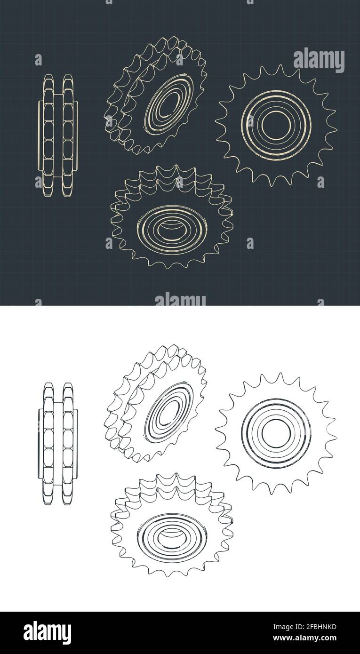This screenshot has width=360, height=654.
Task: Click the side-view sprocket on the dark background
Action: click(58, 136)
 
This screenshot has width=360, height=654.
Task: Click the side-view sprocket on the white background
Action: click(58, 444)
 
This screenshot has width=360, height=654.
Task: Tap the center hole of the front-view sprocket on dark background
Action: click(276, 125)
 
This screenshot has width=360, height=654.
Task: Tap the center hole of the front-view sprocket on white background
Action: click(276, 433)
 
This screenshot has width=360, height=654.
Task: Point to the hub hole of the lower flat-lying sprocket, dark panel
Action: click(172, 229)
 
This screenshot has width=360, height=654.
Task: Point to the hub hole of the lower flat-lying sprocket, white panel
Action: click(172, 537)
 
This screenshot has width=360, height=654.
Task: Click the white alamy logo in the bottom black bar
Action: click(47, 632)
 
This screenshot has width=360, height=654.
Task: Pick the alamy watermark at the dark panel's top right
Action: click(319, 60)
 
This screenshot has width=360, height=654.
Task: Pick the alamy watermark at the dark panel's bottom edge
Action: click(180, 299)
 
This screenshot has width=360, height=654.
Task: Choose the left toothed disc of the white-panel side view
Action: click(48, 444)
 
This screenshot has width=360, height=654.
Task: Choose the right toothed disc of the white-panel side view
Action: click(68, 444)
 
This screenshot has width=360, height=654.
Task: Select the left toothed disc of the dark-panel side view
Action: click(48, 136)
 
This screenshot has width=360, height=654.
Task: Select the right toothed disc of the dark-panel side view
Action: click(68, 136)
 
